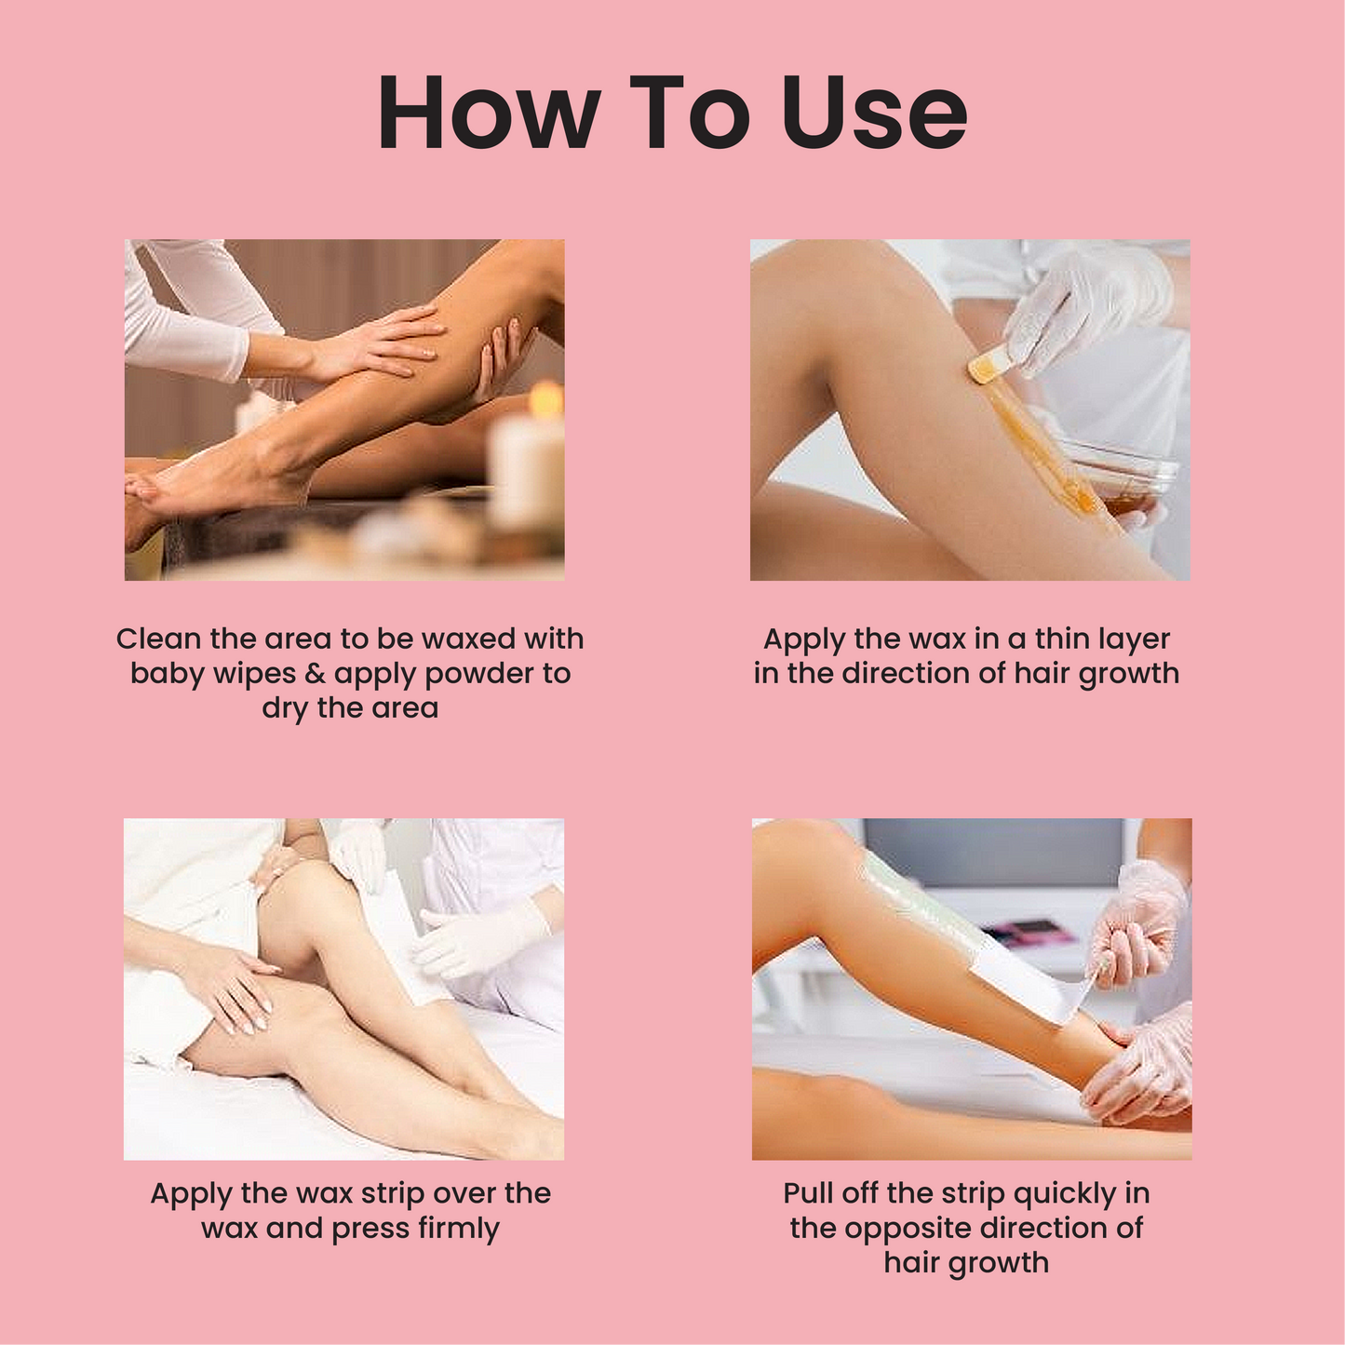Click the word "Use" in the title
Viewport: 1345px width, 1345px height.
tap(874, 113)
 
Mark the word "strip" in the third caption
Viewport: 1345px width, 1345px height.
tap(395, 1193)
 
